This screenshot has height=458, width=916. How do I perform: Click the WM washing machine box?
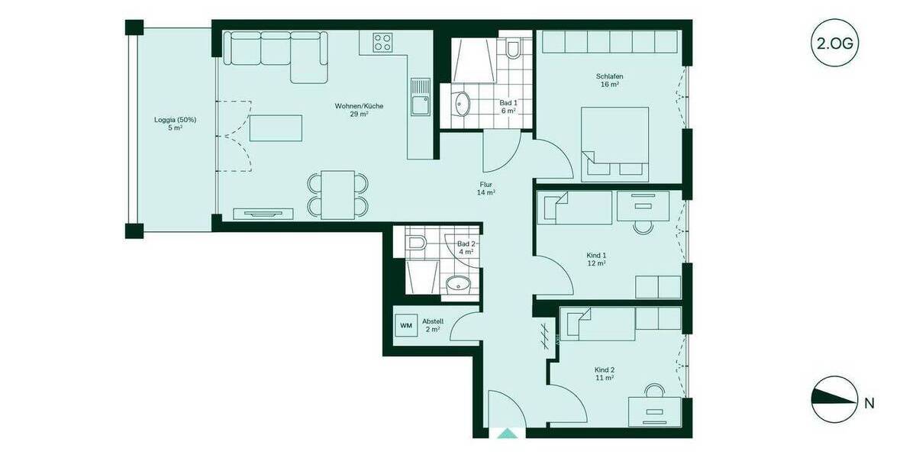coord(406,325)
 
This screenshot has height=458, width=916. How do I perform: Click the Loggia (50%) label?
coord(175,124)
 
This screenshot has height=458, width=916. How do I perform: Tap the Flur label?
coord(486,189)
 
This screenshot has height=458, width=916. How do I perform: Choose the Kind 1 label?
coord(596,259)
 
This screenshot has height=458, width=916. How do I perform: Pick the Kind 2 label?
coord(605,373)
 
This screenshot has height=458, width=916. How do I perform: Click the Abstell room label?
coord(433,325)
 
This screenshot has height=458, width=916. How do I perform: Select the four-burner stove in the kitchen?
coord(382,43)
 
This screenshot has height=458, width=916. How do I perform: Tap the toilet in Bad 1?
coord(513,49)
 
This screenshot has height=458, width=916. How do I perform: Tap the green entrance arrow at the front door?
coord(507,434)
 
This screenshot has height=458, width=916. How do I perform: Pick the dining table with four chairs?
coord(338,194)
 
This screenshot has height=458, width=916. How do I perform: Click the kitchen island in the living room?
coord(276,127)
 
